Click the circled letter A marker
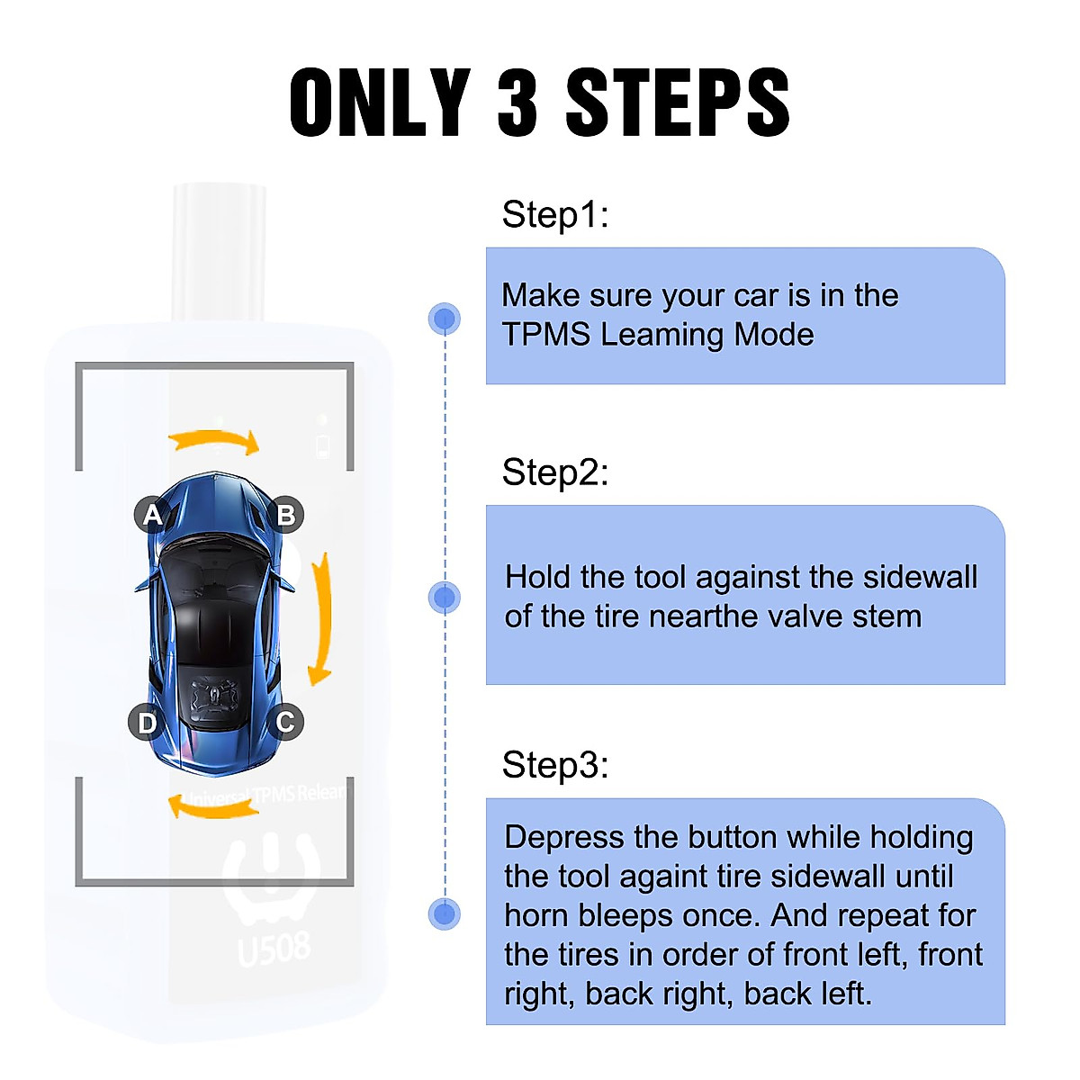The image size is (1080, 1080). [x=152, y=515]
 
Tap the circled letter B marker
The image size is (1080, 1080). [x=286, y=515]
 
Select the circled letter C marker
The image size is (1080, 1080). [x=285, y=722]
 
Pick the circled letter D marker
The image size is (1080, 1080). [x=147, y=722]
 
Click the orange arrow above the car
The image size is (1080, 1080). [x=214, y=441]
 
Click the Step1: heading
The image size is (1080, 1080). [x=554, y=215]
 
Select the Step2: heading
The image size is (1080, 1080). [x=554, y=472]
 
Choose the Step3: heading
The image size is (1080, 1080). [x=554, y=765]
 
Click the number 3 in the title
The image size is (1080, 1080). [x=517, y=102]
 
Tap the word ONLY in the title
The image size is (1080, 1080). [x=380, y=102]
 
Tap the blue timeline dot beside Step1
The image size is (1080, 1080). [x=444, y=319]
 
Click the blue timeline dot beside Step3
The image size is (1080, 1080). [x=444, y=914]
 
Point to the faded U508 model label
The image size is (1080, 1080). [x=274, y=949]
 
